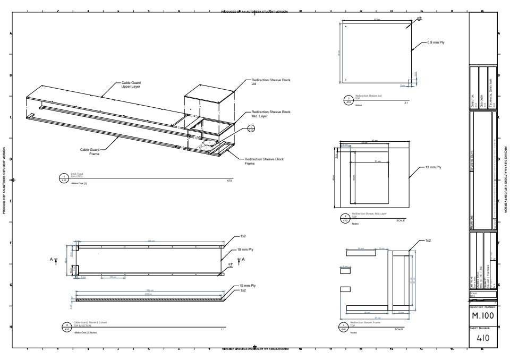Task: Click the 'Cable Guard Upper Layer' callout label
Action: pos(131,84)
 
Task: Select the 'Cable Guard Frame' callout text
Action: pos(90,152)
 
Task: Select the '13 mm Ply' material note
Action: pos(432,167)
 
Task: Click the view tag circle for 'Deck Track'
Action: pos(64,178)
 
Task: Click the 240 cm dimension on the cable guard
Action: pos(151,242)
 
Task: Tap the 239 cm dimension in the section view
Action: pos(149,294)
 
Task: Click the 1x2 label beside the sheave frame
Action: pos(428,241)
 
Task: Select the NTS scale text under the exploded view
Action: pos(229,181)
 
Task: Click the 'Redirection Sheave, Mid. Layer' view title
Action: pos(369,213)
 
